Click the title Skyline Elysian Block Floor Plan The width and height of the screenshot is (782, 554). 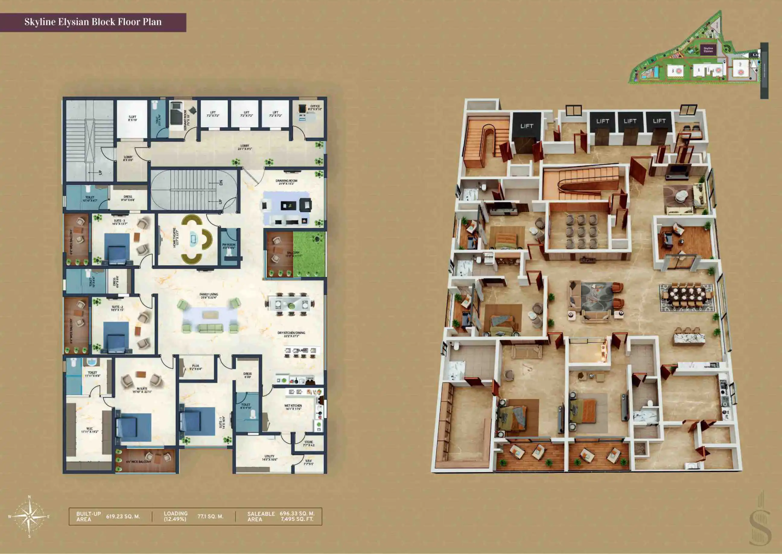[93, 22]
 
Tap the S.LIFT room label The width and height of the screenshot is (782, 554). [132, 118]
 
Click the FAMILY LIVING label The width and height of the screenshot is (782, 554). [208, 296]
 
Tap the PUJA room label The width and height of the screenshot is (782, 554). [195, 367]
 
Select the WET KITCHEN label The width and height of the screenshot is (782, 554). [293, 407]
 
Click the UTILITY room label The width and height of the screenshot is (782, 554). [269, 458]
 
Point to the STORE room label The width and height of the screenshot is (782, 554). [309, 444]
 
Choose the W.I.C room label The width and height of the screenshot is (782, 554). [89, 430]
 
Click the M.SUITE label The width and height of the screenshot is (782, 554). [142, 390]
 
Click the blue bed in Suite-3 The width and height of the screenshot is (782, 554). [117, 247]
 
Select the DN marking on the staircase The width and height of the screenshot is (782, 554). [221, 183]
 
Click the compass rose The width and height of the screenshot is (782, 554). [29, 517]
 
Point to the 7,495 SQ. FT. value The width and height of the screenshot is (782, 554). [297, 519]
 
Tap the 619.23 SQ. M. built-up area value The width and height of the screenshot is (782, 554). [123, 517]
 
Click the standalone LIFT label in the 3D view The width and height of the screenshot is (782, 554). [526, 126]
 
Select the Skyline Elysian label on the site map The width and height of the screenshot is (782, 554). [708, 50]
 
